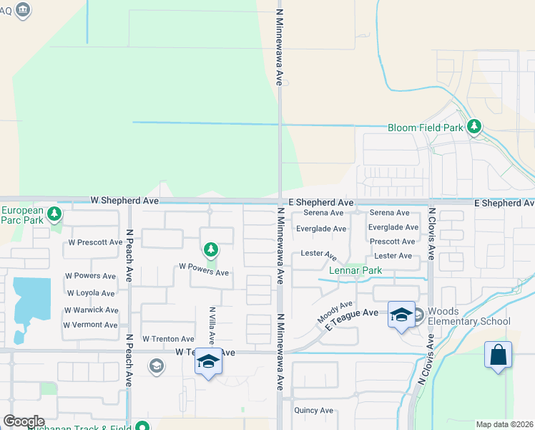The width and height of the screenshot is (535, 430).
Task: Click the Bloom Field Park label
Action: point(425,128)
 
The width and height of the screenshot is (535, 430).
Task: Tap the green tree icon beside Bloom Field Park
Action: point(473,127)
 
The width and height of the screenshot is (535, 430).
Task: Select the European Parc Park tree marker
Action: point(54,214)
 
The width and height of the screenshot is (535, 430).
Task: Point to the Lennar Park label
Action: point(355,271)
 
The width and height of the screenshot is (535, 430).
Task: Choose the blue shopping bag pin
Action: point(498,355)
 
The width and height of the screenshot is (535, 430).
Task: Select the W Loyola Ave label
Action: point(90,293)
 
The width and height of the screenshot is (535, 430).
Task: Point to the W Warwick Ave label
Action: point(91,310)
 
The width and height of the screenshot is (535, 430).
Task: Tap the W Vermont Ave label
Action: point(90,325)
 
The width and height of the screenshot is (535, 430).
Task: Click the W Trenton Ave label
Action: point(168,339)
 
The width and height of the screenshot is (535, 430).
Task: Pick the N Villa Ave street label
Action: point(212,325)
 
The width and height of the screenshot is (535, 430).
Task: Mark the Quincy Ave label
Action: point(314,411)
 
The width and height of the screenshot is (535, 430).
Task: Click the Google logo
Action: point(24,421)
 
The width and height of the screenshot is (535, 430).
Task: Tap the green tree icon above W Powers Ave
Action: point(210,250)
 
